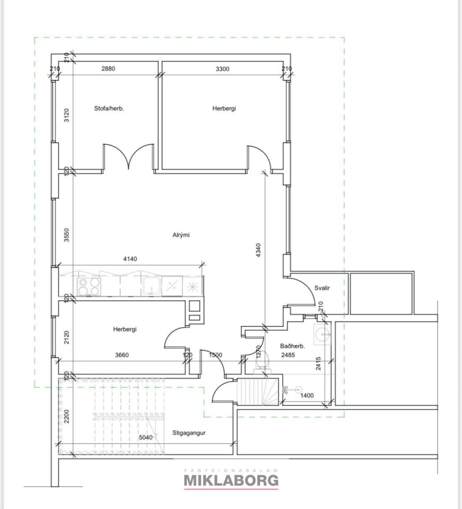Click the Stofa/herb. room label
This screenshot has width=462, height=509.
click(x=109, y=109)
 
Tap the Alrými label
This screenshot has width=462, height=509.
click(x=181, y=235)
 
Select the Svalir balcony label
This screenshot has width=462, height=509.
click(x=322, y=288)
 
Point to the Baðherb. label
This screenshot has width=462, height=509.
click(x=292, y=346)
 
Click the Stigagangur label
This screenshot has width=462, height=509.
click(x=189, y=433)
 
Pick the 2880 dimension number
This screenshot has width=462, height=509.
click(x=108, y=69)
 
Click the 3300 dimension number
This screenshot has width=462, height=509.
click(x=223, y=69)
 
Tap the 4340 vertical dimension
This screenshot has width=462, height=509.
click(x=259, y=250)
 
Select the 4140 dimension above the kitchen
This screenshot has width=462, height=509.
click(x=130, y=259)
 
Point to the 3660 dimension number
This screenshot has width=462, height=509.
click(x=122, y=355)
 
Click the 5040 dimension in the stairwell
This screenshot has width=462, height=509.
click(x=146, y=437)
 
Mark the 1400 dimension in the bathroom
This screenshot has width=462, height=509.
click(x=307, y=396)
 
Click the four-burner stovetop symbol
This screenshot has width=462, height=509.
click(x=89, y=287)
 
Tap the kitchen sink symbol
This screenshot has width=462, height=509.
click(x=151, y=286)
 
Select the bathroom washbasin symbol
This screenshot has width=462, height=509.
click(x=322, y=334)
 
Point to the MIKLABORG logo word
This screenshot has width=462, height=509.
click(x=231, y=480)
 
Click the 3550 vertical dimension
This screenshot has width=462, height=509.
click(x=67, y=235)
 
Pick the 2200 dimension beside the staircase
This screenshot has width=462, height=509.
click(x=67, y=417)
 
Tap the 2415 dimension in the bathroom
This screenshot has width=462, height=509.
click(x=318, y=364)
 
